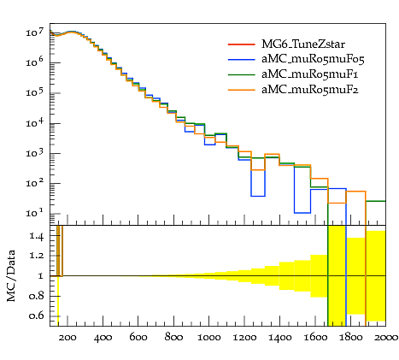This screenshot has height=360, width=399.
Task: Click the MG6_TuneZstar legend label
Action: pos(303,44)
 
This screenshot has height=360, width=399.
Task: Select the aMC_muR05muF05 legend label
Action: pos(313,59)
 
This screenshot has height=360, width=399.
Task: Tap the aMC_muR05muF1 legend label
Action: pos(309,74)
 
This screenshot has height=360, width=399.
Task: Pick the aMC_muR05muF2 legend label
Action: pos(310,90)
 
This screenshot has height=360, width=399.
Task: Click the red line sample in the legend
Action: pos(241,44)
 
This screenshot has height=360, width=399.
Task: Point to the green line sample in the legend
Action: pos(241,74)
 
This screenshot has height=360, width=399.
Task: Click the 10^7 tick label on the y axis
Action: pos(35,32)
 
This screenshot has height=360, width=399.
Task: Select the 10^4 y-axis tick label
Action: pos(35,122)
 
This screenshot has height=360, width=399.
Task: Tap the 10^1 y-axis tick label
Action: pos(35,213)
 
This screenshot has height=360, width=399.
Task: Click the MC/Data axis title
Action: pos(11,275)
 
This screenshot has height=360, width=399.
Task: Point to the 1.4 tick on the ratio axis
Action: pos(37,236)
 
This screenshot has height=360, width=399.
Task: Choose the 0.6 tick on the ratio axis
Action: pos(37,316)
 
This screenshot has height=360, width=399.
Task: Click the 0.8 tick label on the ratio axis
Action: pos(37,296)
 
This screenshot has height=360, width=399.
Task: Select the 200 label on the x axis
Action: pos(67,338)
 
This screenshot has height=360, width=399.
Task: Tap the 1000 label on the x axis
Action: pos(209,338)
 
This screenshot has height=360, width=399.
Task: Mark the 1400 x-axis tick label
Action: pos(279,338)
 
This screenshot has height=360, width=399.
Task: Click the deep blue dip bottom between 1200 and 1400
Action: pos(258,196)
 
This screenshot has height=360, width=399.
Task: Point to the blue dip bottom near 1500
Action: pos(302,213)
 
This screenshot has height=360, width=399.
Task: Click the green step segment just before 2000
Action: pos(376,201)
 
